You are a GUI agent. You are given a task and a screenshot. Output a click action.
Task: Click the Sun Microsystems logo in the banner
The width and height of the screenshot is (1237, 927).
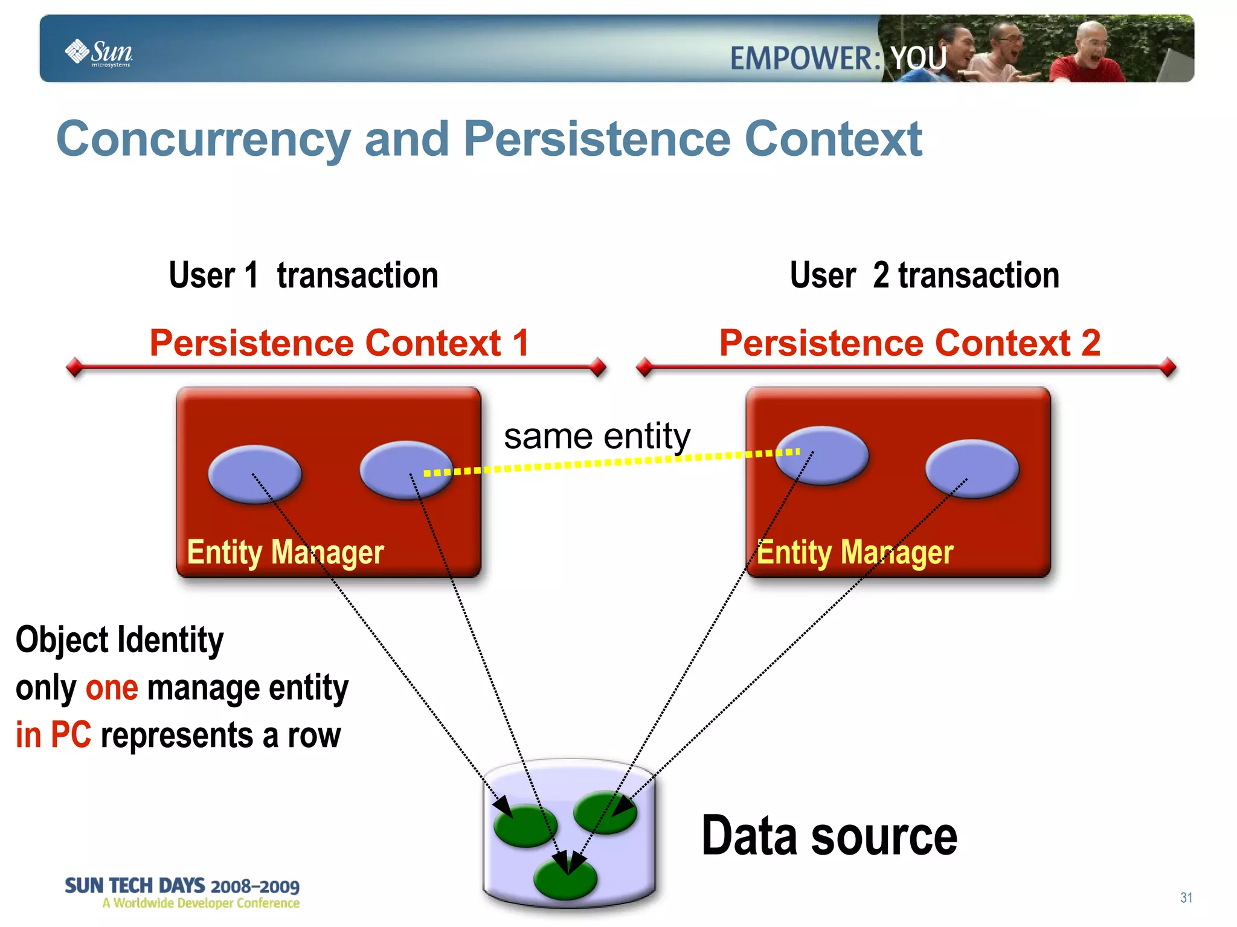[99, 53]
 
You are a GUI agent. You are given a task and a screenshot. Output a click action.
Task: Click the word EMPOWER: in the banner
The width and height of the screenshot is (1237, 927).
[805, 59]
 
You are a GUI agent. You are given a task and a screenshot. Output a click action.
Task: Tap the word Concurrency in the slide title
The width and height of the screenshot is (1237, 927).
[203, 139]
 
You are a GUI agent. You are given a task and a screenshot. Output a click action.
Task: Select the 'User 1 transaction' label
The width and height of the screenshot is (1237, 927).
[303, 275]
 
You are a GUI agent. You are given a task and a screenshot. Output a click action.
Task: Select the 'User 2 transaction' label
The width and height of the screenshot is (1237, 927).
[924, 275]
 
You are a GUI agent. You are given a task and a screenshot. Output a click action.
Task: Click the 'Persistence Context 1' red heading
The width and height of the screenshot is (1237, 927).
[339, 343]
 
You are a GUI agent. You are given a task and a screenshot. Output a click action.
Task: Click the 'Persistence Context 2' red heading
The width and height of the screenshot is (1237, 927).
[910, 343]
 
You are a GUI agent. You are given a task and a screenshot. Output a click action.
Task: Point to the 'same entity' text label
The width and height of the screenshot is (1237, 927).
[597, 436]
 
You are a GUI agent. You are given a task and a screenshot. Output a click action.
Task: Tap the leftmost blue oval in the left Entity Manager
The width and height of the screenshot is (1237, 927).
[254, 474]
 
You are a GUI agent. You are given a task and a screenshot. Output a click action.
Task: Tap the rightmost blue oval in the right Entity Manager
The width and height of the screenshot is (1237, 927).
[972, 469]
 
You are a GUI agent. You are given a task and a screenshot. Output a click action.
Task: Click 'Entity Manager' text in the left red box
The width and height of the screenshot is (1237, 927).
[285, 552]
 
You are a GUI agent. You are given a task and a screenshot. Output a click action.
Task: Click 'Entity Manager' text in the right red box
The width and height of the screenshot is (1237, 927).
[855, 552]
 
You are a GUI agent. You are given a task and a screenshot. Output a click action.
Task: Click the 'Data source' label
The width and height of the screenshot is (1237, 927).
[829, 836]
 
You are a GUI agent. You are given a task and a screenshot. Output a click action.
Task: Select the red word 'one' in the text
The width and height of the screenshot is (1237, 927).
[112, 688]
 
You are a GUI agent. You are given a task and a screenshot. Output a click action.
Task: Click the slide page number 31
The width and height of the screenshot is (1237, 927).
[1186, 897]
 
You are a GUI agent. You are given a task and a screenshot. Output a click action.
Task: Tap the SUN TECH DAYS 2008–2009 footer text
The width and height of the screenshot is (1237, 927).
[182, 886]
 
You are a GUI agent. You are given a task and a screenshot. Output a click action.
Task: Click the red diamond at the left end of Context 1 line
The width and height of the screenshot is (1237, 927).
[75, 367]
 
